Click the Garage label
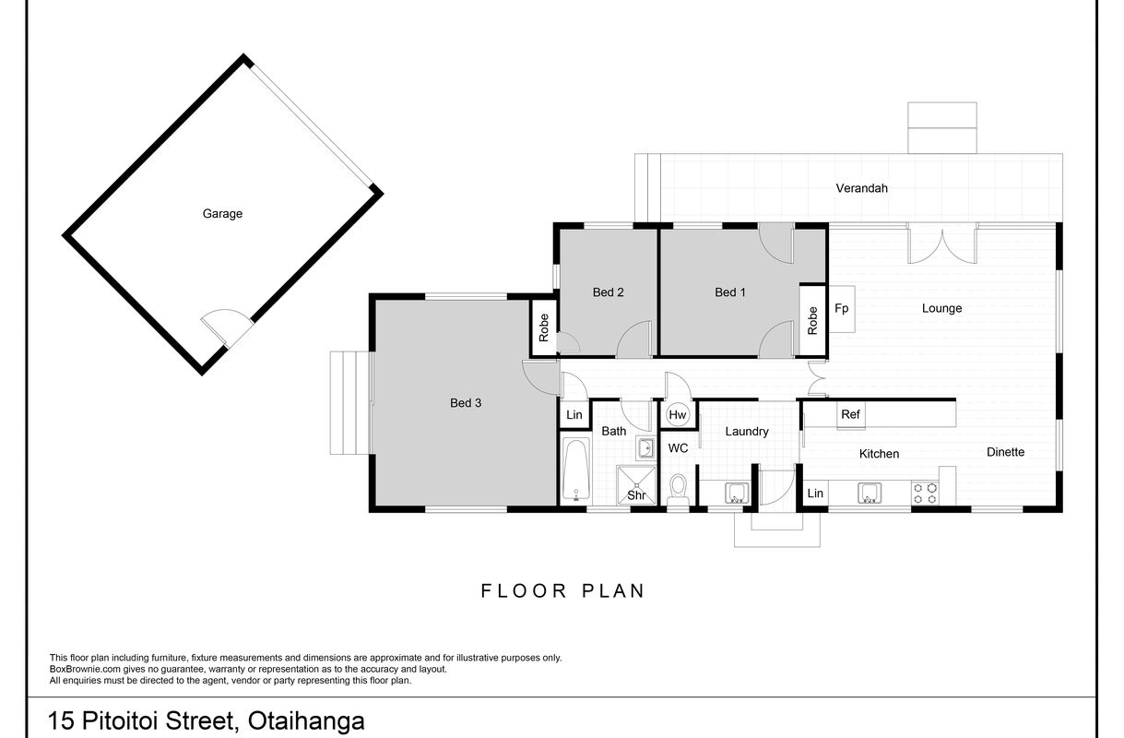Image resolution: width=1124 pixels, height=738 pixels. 222,214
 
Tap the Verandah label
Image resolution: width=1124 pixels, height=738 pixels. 861,188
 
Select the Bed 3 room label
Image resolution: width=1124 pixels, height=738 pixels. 466,402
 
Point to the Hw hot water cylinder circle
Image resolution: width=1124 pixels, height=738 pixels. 678,415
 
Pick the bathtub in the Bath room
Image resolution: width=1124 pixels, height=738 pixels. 575,470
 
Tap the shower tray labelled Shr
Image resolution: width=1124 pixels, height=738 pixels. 636,485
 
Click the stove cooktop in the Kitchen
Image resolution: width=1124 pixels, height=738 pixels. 925,493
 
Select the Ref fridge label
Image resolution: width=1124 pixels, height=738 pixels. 850,414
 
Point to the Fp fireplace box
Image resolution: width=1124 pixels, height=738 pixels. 842,309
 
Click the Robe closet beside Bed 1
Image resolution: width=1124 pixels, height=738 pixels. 813,320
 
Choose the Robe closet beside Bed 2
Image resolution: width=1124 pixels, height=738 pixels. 544,327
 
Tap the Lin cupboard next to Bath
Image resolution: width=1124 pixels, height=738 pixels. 574,415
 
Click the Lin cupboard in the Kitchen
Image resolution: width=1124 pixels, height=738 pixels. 815,494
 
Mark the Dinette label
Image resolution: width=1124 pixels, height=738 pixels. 1005,452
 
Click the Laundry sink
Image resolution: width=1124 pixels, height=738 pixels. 737,493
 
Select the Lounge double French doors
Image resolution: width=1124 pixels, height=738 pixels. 942,244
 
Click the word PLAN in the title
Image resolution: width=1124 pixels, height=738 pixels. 613,591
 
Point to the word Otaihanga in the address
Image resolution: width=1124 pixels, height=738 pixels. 306,720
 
